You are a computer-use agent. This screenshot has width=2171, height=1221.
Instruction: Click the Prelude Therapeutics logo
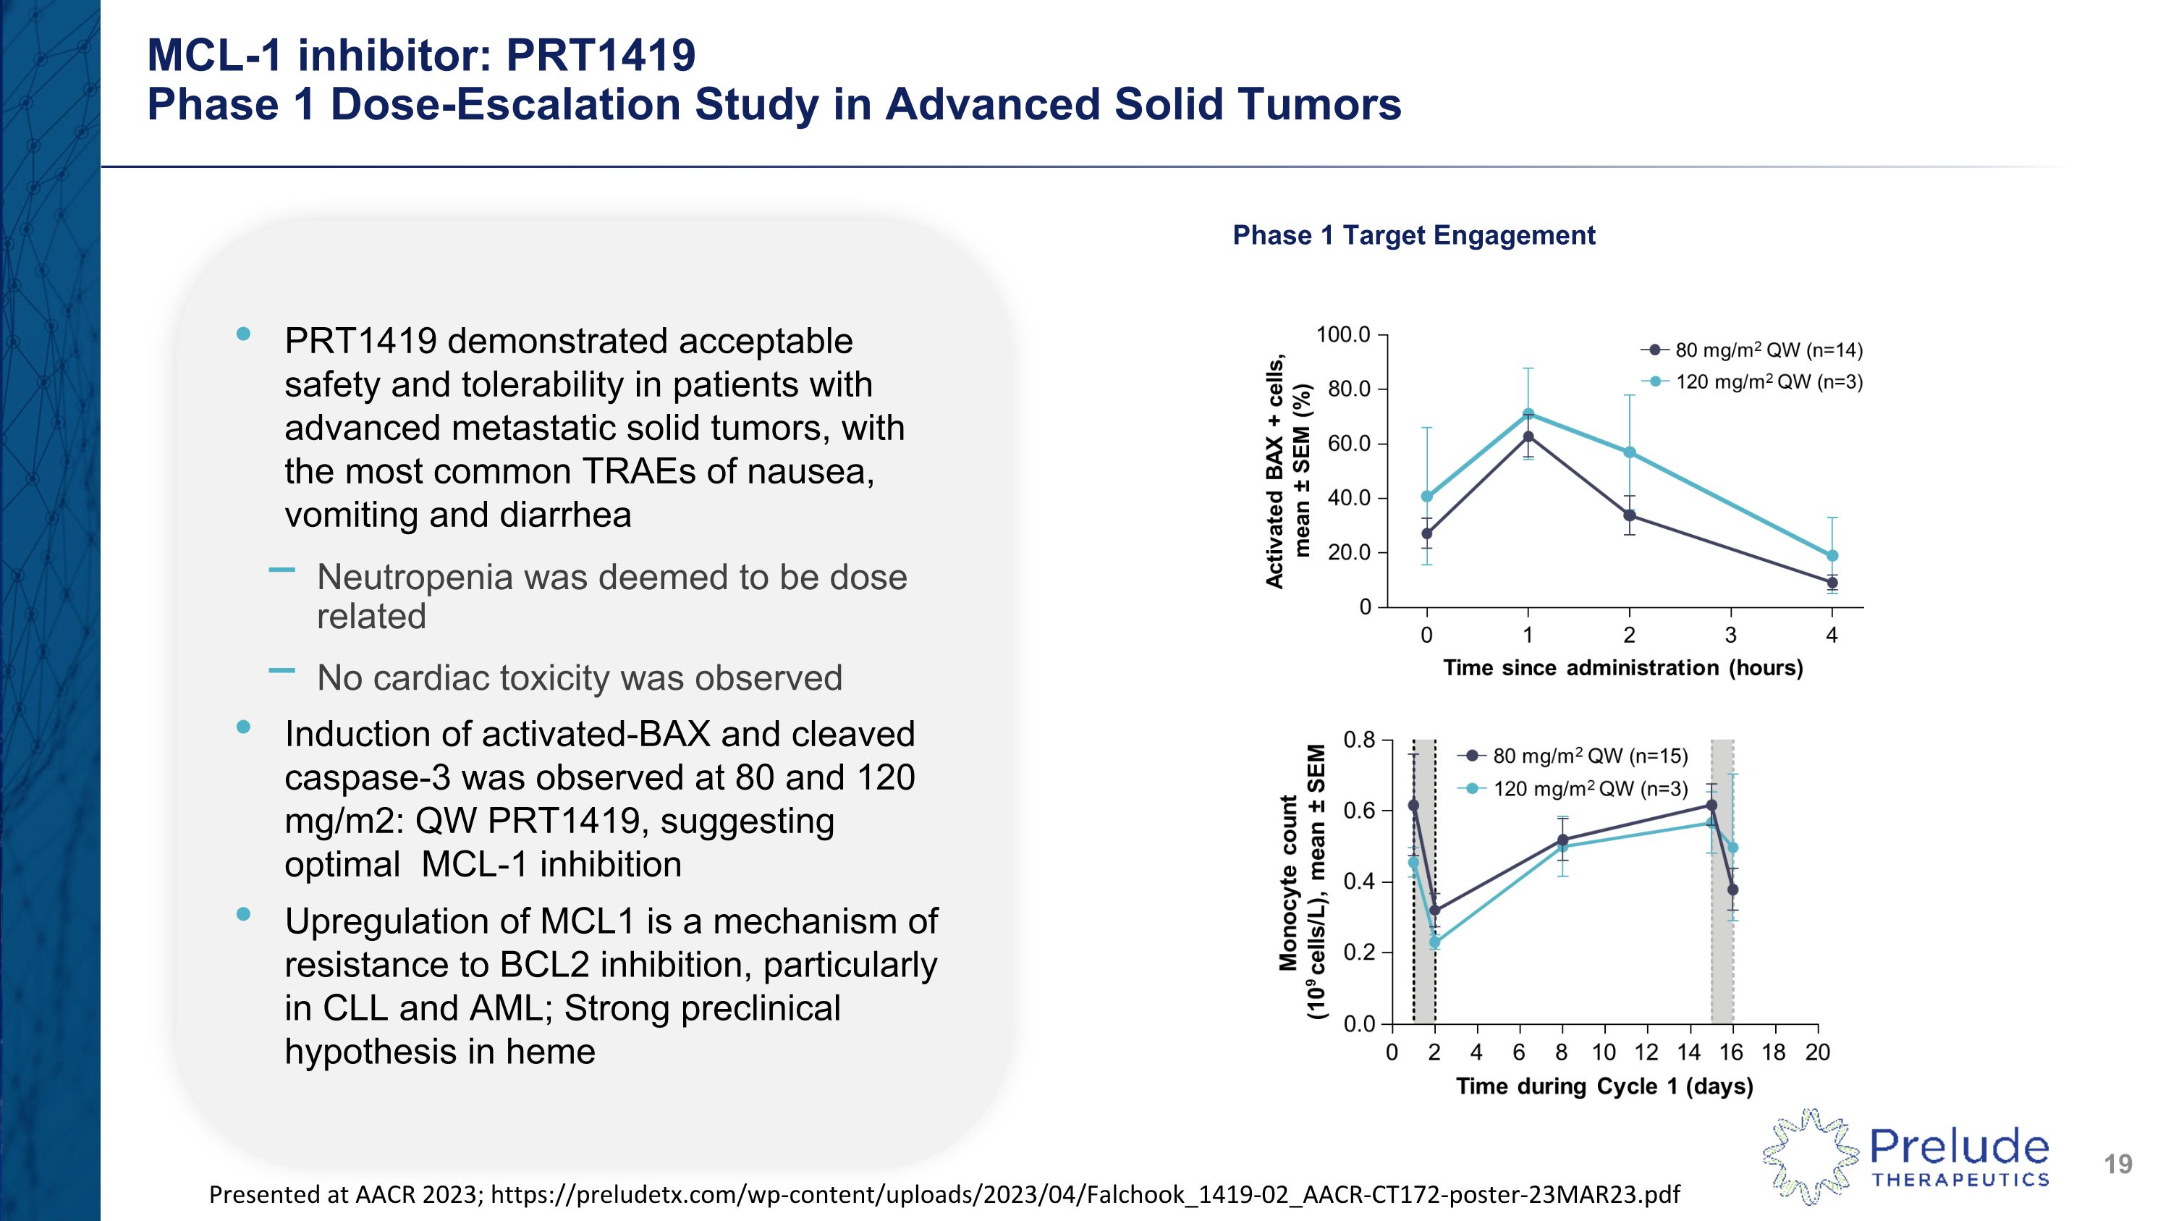tap(1906, 1155)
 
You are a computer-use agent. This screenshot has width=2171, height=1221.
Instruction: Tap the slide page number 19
tap(2117, 1165)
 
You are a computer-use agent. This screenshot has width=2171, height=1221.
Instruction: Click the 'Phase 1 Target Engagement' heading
tap(1413, 235)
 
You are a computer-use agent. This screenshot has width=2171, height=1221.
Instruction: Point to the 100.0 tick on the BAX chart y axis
tap(1343, 335)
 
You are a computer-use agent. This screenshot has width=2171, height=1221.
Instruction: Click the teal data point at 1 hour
tap(1528, 414)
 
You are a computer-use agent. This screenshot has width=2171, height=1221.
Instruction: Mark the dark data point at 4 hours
tap(1832, 582)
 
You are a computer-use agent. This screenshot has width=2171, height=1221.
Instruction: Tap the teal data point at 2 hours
tap(1629, 452)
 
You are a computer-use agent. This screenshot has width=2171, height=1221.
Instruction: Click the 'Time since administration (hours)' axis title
tap(1622, 668)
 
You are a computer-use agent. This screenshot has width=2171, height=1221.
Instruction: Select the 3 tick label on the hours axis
tap(1730, 635)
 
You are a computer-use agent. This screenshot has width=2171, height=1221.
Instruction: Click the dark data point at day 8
tap(1562, 840)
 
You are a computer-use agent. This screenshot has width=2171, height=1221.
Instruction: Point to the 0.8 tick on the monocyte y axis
tap(1358, 740)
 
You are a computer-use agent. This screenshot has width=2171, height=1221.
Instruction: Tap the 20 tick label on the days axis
tap(1817, 1052)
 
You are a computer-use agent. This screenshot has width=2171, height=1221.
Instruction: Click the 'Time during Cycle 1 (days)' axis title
tap(1604, 1086)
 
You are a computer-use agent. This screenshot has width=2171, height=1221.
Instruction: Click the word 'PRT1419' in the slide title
tap(600, 56)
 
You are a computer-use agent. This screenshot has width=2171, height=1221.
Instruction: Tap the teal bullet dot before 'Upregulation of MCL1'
tap(244, 914)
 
